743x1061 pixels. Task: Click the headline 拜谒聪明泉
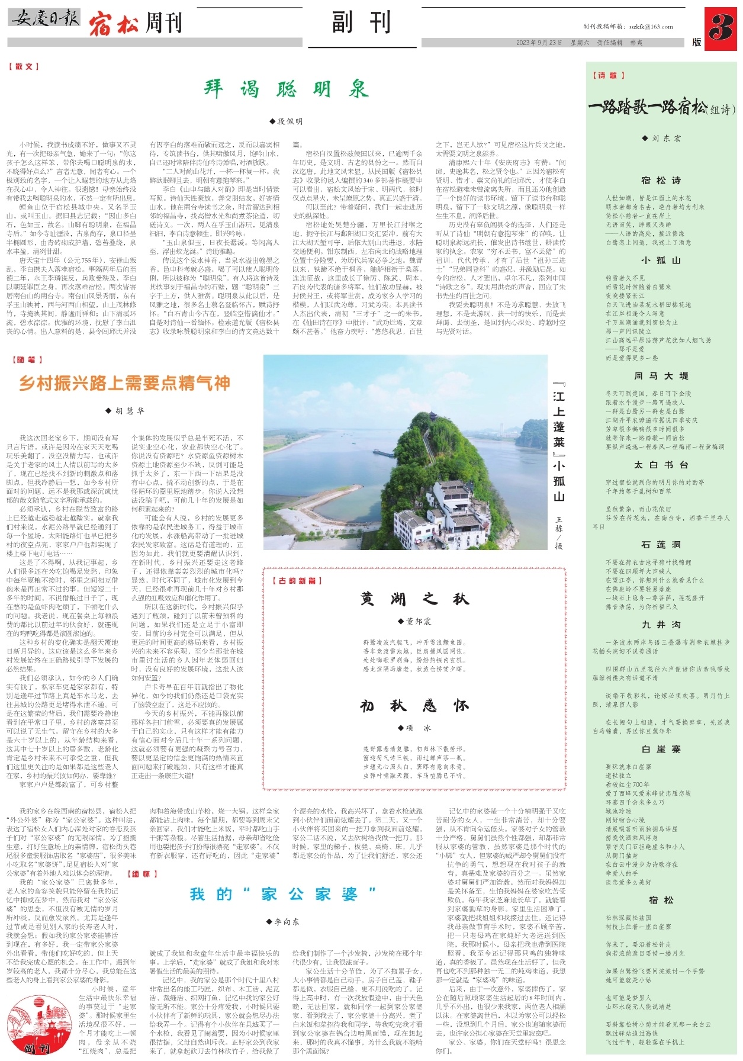point(286,89)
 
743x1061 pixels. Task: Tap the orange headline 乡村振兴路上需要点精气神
point(124,383)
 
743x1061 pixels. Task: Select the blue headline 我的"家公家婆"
point(283,894)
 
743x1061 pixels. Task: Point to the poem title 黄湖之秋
point(414,599)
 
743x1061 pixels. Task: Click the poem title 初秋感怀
point(414,706)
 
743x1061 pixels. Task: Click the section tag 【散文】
point(24,67)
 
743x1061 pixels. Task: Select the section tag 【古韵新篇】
point(297,581)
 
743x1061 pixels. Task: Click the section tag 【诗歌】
point(609,75)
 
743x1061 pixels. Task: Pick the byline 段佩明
point(286,121)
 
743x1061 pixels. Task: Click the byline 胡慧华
point(124,410)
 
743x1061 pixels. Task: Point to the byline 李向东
point(283,922)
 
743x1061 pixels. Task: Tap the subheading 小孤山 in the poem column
point(661,260)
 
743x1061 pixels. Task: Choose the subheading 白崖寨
point(661,749)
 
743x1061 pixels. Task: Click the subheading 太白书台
point(661,465)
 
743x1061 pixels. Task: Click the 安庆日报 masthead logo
point(44,18)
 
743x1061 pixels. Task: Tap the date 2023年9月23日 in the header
point(539,43)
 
